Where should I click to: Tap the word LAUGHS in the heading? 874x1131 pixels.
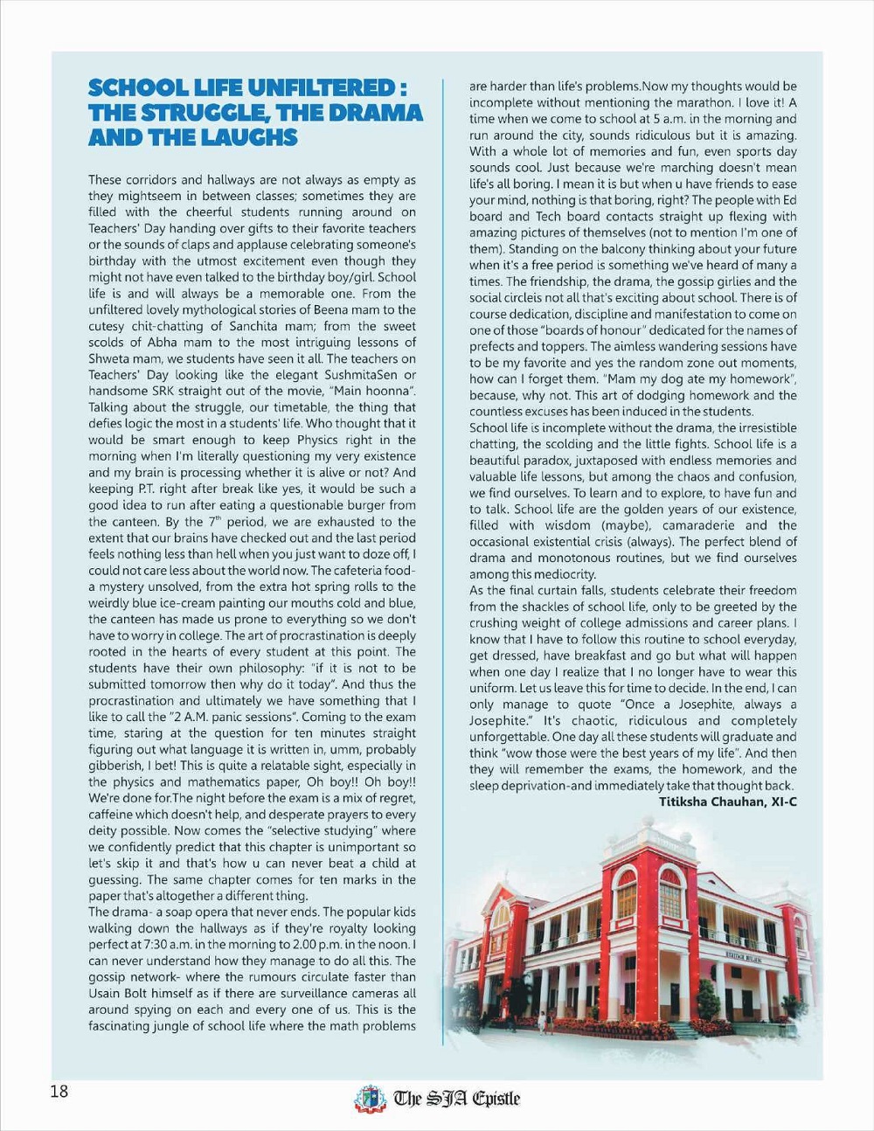click(249, 137)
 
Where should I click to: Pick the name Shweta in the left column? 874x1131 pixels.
click(109, 358)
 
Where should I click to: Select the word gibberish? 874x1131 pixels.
click(117, 766)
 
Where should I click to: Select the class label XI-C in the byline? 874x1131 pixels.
click(781, 801)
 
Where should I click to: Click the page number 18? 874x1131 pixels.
click(59, 1092)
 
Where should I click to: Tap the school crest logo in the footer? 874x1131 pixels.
click(370, 1099)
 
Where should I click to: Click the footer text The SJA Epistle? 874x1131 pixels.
click(456, 1099)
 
